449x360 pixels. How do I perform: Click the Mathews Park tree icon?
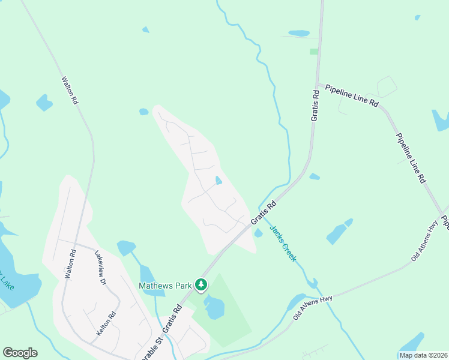point(203,284)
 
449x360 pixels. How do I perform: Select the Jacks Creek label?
point(282,242)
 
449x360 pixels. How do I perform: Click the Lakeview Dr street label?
point(100,268)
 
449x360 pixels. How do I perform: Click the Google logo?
point(20,353)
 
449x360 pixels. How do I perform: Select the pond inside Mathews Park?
point(214,307)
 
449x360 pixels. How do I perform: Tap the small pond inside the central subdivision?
point(218,180)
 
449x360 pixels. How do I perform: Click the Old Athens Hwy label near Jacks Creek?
point(313,307)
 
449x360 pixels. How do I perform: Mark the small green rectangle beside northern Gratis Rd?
point(313,52)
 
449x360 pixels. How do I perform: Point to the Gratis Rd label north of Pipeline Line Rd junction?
point(315,106)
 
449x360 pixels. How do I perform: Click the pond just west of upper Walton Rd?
point(44,103)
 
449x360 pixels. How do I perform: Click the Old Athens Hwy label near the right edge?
point(424,241)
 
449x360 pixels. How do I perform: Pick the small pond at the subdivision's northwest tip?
point(143,112)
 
